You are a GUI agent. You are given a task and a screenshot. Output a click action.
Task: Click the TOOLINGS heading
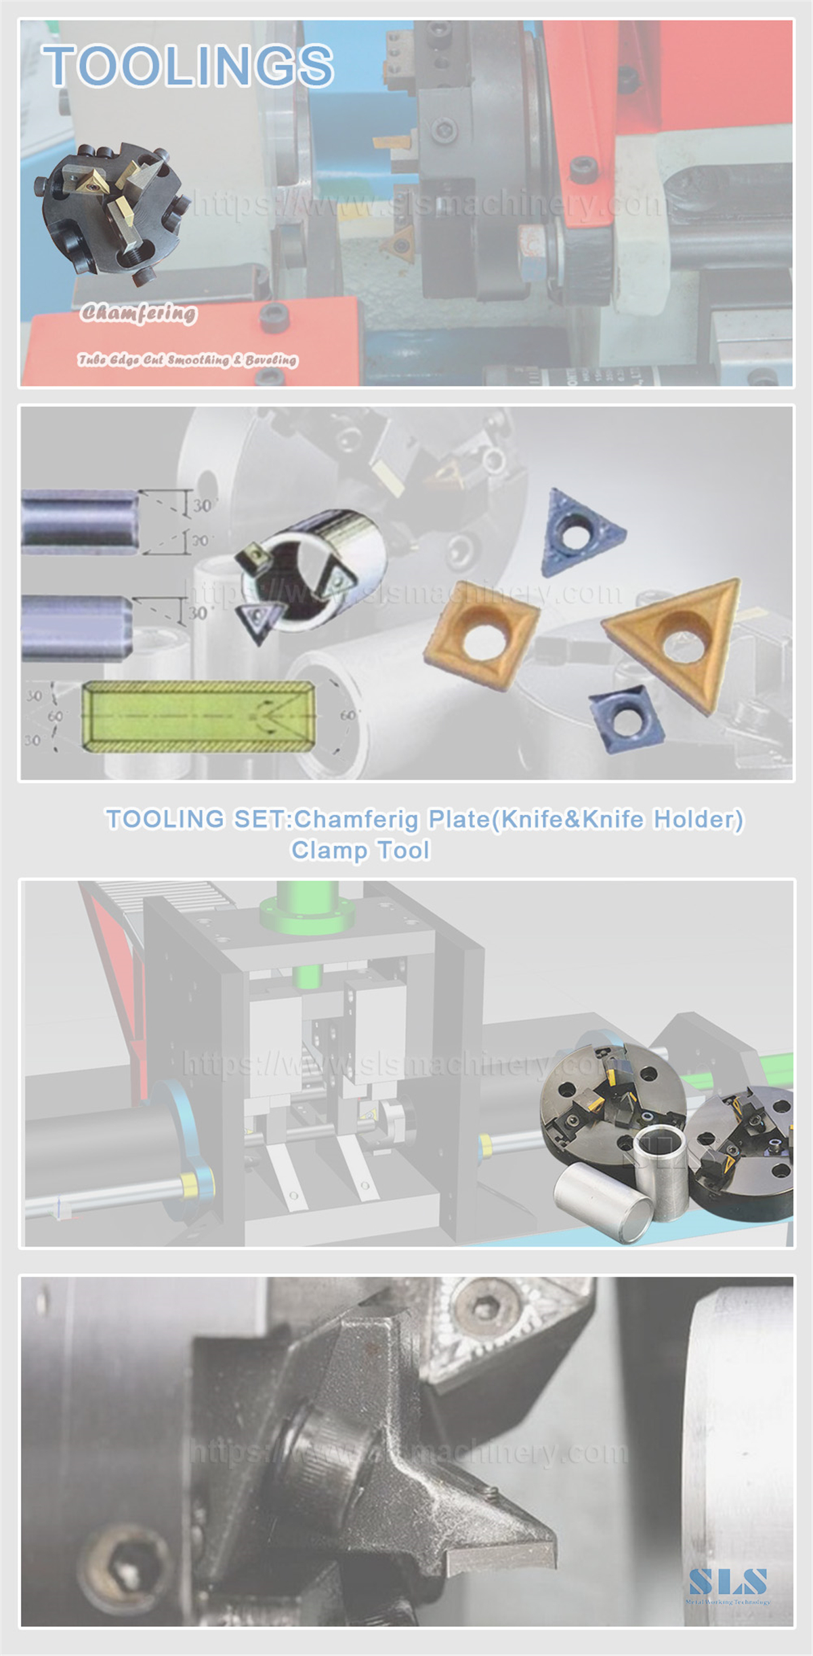(x=188, y=66)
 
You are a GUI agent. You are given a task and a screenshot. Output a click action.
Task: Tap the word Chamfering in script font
(x=139, y=312)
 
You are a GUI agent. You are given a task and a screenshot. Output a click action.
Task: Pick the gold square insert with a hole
(x=482, y=634)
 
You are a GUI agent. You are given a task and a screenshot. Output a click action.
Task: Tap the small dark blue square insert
(x=623, y=718)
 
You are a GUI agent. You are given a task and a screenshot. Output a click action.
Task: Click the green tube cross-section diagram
(x=198, y=716)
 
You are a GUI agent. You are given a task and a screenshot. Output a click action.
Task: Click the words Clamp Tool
(x=360, y=850)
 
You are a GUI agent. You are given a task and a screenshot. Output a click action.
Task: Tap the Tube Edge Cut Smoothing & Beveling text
(x=187, y=359)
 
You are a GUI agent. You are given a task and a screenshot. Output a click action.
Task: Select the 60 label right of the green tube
(x=347, y=715)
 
